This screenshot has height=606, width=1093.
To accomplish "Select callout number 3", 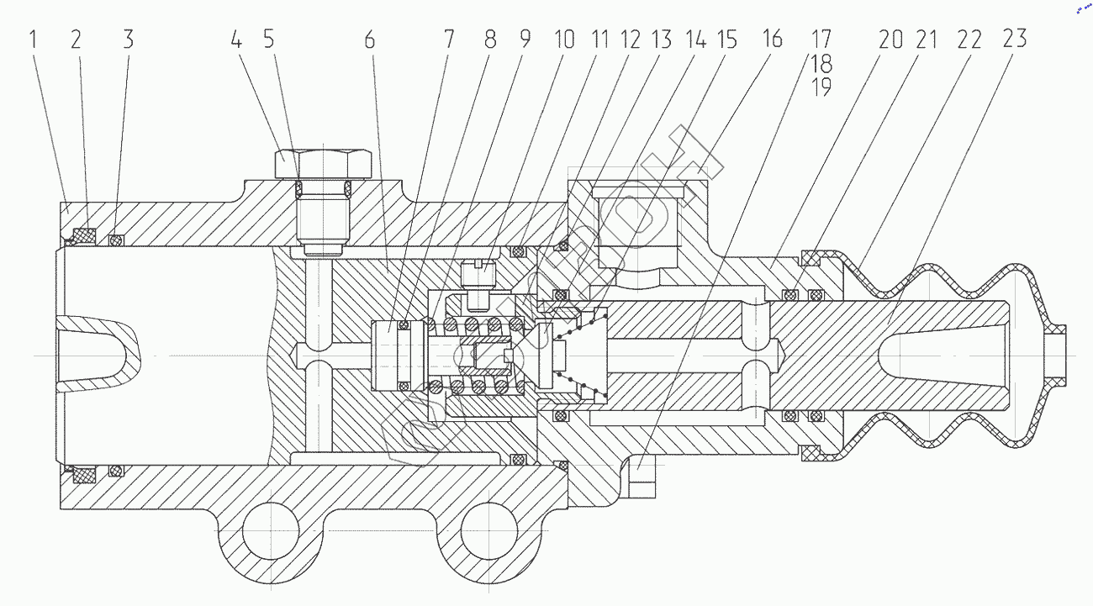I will pyautogui.click(x=128, y=40).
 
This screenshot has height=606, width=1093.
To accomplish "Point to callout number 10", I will pyautogui.click(x=563, y=40).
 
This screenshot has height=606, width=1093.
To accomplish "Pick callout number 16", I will pyautogui.click(x=772, y=40).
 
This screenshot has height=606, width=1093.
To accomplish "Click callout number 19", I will pyautogui.click(x=821, y=87).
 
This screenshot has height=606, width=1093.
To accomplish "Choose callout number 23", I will pyautogui.click(x=1014, y=40).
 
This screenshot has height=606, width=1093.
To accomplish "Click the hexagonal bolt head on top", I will pyautogui.click(x=324, y=162).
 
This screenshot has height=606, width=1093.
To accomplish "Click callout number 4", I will pyautogui.click(x=237, y=40).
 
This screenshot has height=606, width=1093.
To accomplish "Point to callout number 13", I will pyautogui.click(x=662, y=40).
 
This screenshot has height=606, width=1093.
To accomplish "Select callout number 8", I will pyautogui.click(x=490, y=40).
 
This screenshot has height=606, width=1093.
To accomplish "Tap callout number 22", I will pyautogui.click(x=969, y=40).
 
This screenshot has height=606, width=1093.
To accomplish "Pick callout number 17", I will pyautogui.click(x=821, y=40).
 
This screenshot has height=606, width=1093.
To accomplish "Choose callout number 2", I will pyautogui.click(x=76, y=40).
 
